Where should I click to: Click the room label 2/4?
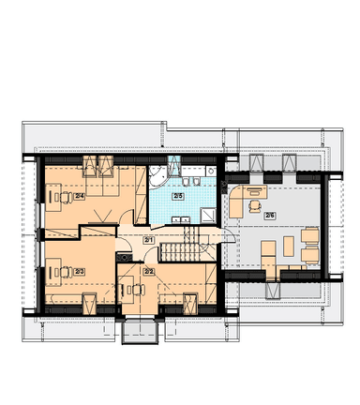(80, 196)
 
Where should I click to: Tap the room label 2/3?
(80, 272)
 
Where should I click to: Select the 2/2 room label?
(148, 272)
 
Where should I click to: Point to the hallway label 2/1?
(147, 240)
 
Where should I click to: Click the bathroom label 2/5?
(178, 196)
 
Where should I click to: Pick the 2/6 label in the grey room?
(269, 216)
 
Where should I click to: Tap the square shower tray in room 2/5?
(208, 216)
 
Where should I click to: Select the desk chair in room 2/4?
(64, 198)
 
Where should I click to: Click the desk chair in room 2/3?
(65, 272)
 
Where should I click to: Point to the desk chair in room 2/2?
(137, 290)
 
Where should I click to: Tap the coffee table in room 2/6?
(289, 247)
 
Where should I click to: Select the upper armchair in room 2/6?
(309, 235)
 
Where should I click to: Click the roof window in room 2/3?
(89, 304)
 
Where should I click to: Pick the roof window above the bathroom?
(174, 166)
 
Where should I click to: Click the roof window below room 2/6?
(273, 291)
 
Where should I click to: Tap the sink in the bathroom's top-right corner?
(211, 171)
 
